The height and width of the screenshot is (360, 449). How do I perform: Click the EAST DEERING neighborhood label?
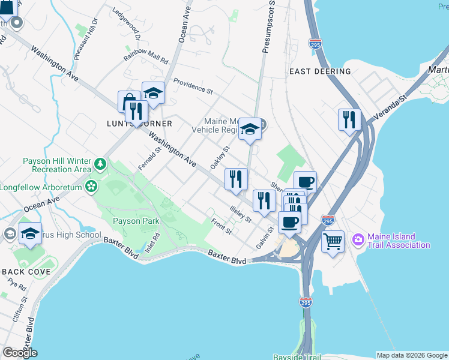tap(320, 71)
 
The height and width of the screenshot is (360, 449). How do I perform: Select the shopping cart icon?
tap(333, 242)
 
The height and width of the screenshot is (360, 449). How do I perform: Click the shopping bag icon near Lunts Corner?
tap(128, 102)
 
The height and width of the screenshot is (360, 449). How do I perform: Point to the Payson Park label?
tap(136, 221)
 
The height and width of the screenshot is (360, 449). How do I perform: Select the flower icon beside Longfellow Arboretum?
tap(91, 186)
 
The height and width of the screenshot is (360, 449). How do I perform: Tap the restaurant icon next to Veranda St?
tap(348, 119)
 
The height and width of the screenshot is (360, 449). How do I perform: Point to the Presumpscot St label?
tap(268, 27)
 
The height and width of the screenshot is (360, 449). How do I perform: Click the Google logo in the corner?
tap(20, 353)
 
